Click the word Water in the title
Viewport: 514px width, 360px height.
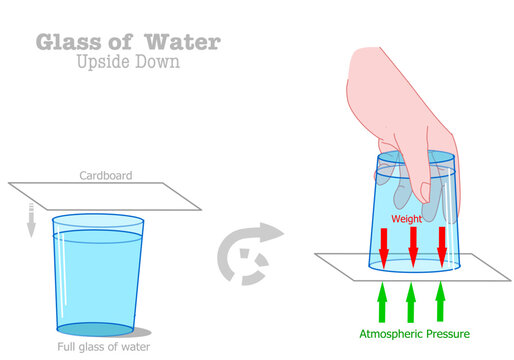click(184, 42)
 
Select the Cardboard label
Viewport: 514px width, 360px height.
click(106, 176)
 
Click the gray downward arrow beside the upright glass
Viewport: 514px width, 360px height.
click(31, 219)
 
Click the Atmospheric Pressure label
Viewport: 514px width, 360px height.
click(413, 333)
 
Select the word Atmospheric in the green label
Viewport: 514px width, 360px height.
click(390, 333)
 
